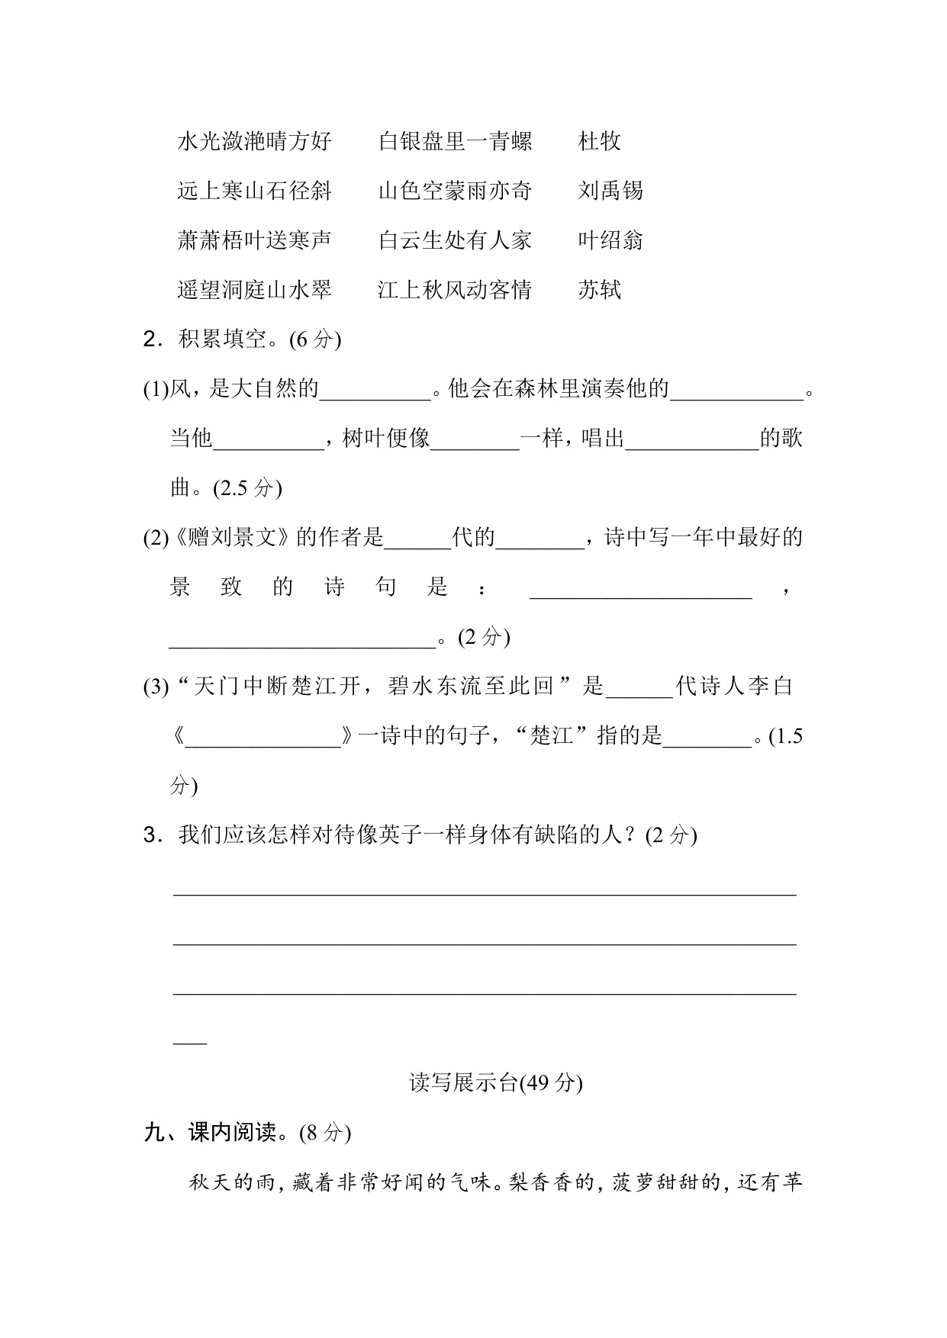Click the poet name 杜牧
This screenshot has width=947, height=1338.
point(599,141)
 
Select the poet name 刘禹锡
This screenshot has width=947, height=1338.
point(610,191)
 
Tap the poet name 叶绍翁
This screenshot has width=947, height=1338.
point(610,240)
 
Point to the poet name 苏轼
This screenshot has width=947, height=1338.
point(599,290)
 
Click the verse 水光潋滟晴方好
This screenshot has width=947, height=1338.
point(254,141)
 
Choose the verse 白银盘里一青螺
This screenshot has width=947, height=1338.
point(455,141)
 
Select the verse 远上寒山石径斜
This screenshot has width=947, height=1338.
point(254,191)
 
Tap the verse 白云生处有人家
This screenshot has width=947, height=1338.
point(455,240)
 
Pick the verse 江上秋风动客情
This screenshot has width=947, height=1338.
point(455,290)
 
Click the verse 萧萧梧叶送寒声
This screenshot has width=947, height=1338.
point(254,240)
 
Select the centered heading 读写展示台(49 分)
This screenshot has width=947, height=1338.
point(495,1082)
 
